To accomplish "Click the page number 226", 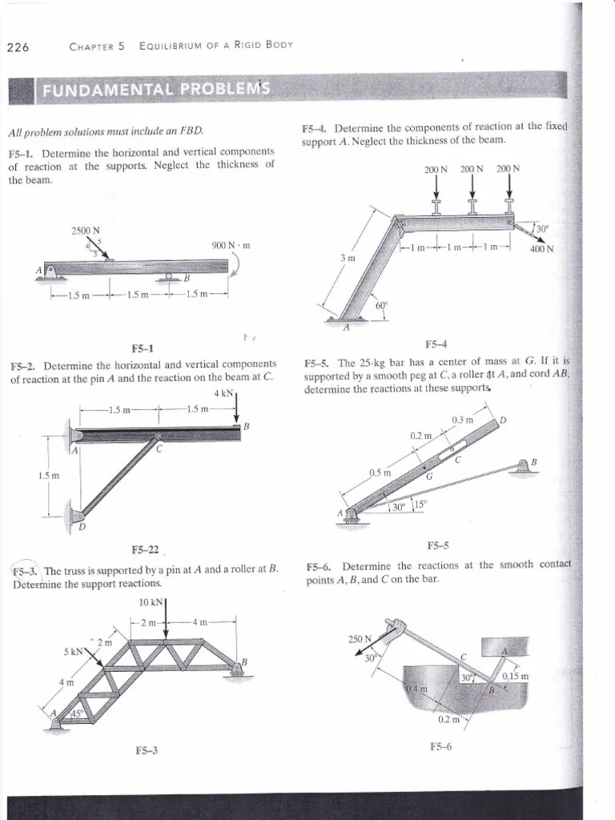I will (18, 46).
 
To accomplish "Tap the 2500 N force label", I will (85, 231).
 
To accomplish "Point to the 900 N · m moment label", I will (231, 245).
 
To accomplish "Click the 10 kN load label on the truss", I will (152, 602).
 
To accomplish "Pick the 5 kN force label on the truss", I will (74, 651).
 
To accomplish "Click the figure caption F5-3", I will (147, 750).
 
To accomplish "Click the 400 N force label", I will (541, 248).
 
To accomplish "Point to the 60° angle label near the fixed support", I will (381, 305).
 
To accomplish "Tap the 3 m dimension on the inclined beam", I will (346, 257).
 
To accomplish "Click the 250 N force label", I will (360, 638).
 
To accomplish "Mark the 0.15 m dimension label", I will (515, 677).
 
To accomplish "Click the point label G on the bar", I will (429, 476).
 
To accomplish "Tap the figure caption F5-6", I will (440, 746).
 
